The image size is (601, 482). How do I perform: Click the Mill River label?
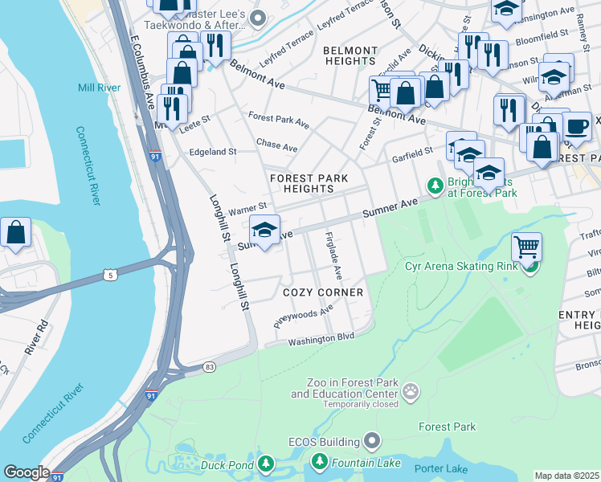coord(96,88)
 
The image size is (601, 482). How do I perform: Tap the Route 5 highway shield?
coord(117,275)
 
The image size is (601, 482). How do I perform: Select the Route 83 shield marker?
coord(210,366)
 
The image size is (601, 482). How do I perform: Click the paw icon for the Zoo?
coord(411,390)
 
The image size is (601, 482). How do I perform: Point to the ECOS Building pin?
coord(371,440)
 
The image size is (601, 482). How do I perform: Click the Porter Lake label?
coord(441,468)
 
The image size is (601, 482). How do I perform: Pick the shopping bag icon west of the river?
coord(16,233)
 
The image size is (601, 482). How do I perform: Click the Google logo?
coord(27,472)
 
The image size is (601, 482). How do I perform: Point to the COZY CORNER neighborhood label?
coord(321,292)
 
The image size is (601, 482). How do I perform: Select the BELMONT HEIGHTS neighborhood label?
coord(350,55)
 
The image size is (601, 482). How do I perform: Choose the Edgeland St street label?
coord(212,151)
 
